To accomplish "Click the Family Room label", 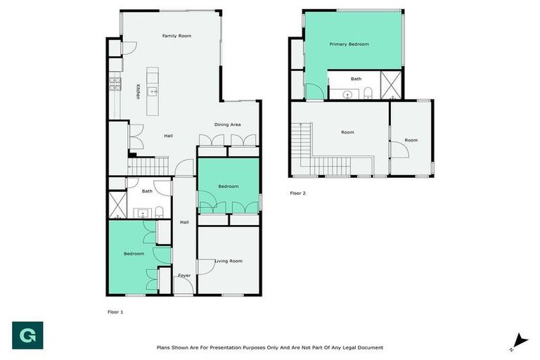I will click(x=176, y=36).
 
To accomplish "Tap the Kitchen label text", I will click(x=138, y=91).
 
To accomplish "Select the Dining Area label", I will click(x=228, y=124).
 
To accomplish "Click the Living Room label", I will click(x=228, y=261).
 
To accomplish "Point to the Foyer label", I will click(x=184, y=275).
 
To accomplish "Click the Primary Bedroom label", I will click(x=349, y=44).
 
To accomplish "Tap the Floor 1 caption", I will click(x=115, y=310).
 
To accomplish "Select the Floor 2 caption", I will click(x=297, y=193).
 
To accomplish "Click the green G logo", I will click(x=27, y=335).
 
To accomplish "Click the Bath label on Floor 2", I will click(x=356, y=79).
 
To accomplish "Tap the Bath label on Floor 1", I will click(x=147, y=191).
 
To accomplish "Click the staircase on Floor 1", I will click(x=149, y=166).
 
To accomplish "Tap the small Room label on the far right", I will click(x=411, y=140).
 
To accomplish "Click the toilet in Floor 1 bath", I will click(x=160, y=212).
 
